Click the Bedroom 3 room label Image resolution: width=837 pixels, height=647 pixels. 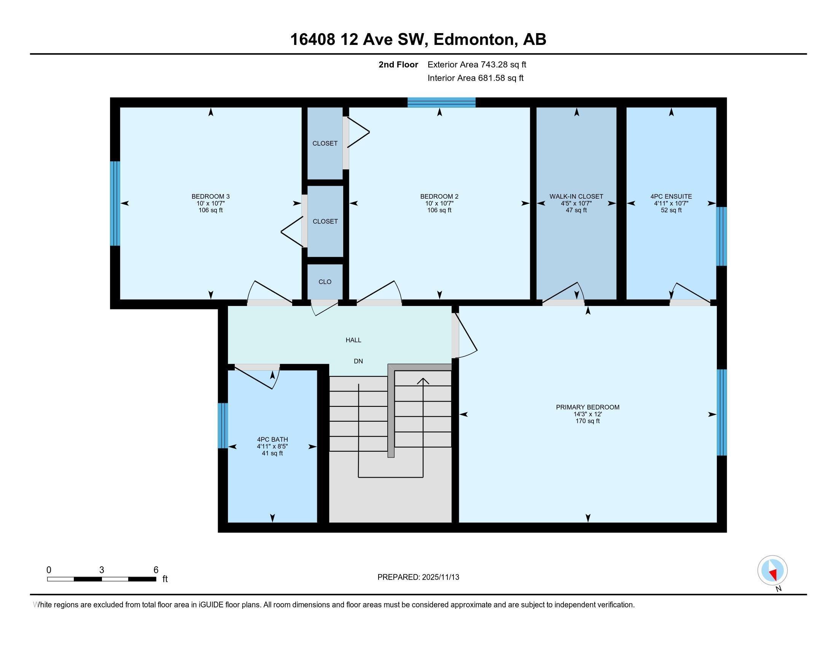pos(210,197)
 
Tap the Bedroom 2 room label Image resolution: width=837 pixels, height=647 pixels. pos(439,197)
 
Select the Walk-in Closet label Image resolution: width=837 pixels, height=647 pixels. pos(576,197)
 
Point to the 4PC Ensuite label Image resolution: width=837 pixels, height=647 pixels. pos(671,197)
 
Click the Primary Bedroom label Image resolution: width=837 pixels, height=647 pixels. pos(587,408)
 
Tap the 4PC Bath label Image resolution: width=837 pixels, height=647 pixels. pos(272,440)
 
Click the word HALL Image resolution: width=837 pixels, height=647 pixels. pos(353,340)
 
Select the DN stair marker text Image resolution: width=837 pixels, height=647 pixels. pos(358,361)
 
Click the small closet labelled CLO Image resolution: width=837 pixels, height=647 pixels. pos(325,282)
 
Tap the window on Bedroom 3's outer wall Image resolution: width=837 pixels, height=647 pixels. pos(115,203)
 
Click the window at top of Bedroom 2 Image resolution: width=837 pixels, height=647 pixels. pos(441,102)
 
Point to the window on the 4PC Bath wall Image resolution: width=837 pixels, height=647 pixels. pos(223,425)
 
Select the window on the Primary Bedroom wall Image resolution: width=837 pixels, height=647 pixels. pos(722,412)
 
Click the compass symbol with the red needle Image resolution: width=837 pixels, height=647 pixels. pos(772,571)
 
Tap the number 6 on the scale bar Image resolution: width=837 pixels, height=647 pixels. pos(156,570)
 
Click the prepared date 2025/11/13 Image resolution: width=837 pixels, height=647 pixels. pos(440,577)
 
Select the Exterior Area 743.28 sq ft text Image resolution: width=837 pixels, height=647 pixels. pos(477,65)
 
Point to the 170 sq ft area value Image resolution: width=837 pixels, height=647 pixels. pos(587,421)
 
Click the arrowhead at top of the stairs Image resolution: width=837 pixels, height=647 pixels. pos(423,381)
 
